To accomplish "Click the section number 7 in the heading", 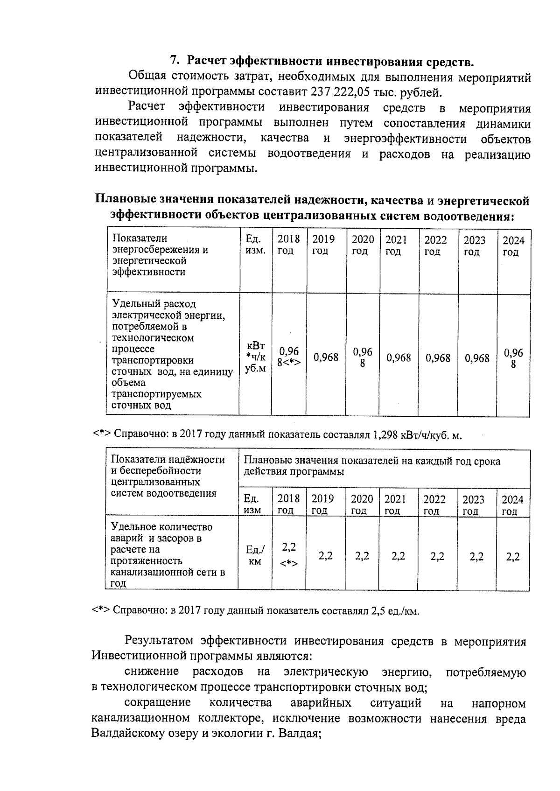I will (174, 61).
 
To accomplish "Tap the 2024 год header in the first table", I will (513, 246).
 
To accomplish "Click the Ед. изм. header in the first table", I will (255, 245).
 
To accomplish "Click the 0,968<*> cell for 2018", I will (288, 357).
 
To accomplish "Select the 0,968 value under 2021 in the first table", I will (399, 358).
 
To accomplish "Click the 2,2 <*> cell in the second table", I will (288, 555).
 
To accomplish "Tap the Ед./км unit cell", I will (255, 555).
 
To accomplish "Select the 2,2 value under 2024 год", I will (512, 557).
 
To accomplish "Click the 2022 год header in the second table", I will (434, 505).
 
